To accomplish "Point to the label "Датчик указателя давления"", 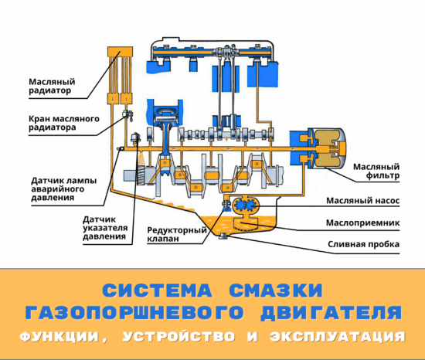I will point(105,228).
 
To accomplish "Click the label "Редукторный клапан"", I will point(177,234).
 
